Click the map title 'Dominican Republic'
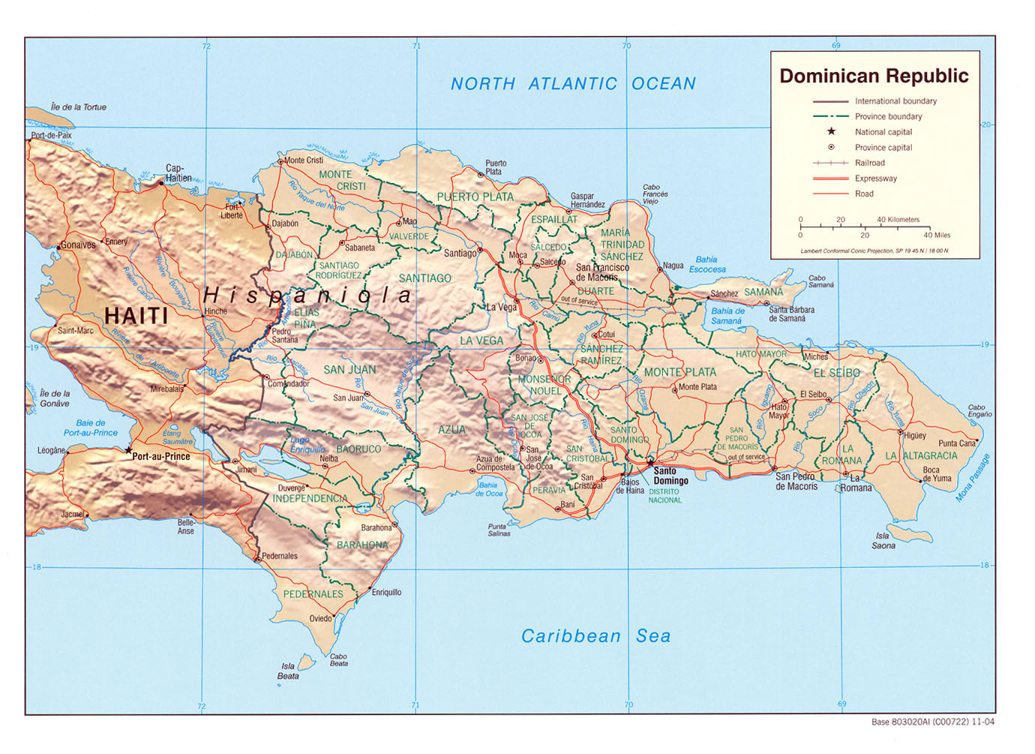(874, 76)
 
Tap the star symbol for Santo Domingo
(650, 461)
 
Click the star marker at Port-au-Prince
(128, 451)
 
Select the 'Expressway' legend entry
(875, 179)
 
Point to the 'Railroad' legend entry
(869, 163)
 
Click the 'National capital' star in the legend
(831, 131)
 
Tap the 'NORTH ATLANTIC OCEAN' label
(573, 84)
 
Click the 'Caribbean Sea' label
(595, 636)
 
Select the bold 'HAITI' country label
(136, 316)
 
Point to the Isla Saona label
(883, 541)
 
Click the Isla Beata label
(288, 671)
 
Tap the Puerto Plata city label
(496, 167)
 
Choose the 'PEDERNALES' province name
(313, 594)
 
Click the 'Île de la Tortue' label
(79, 107)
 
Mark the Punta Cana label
(957, 443)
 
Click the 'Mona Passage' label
(973, 478)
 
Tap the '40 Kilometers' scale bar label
(898, 220)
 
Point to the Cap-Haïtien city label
(178, 173)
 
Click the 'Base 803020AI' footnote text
(933, 722)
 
